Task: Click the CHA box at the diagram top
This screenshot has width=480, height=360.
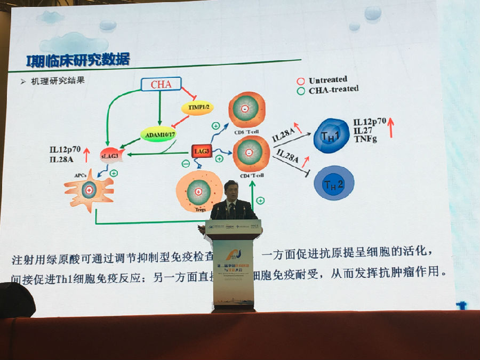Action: [x=161, y=84]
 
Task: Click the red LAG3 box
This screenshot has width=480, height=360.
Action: [x=202, y=152]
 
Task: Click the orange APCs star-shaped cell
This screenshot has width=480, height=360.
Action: [x=89, y=187]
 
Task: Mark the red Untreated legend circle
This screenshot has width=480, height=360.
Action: [x=301, y=81]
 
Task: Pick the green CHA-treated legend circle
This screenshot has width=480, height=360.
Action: [x=301, y=90]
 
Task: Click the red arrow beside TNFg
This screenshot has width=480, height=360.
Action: [x=390, y=128]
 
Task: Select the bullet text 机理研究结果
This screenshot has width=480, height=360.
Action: [x=59, y=81]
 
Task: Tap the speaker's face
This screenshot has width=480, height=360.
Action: [x=231, y=191]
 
